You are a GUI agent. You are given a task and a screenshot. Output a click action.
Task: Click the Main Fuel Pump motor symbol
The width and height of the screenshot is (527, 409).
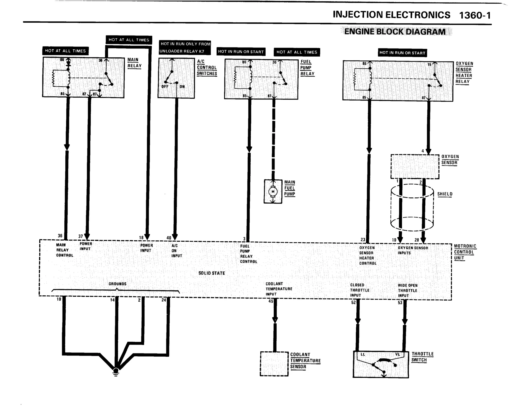click(x=273, y=192)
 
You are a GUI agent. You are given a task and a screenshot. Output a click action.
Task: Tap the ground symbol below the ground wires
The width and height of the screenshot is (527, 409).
click(x=116, y=372)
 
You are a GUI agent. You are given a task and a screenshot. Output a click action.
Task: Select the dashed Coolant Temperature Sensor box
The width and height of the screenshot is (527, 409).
click(x=274, y=364)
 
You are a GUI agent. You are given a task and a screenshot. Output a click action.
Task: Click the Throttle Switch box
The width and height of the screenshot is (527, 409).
click(x=381, y=365)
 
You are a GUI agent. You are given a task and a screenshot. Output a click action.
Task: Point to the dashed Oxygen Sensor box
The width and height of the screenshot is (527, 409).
click(x=415, y=167)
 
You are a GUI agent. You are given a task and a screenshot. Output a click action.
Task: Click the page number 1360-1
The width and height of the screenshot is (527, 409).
click(x=475, y=15)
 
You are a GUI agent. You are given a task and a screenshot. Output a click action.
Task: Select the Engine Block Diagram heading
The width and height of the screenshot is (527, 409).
click(x=395, y=32)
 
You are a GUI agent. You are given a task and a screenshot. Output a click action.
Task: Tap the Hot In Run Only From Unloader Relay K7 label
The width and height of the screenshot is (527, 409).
click(x=185, y=48)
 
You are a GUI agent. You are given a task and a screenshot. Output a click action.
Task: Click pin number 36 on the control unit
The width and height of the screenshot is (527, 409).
click(x=60, y=236)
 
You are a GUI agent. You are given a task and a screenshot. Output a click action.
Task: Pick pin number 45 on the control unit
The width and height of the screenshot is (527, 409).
click(x=271, y=301)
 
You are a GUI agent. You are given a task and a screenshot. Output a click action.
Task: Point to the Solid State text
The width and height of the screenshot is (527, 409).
click(x=212, y=273)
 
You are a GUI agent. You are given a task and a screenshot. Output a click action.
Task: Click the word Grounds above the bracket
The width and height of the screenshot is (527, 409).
click(x=117, y=284)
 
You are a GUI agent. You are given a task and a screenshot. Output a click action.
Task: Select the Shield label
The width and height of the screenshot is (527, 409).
click(x=445, y=194)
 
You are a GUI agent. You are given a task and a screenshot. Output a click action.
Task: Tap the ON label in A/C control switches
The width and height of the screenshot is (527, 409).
click(x=182, y=87)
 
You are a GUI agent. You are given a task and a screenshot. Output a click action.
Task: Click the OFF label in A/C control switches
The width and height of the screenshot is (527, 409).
click(x=165, y=87)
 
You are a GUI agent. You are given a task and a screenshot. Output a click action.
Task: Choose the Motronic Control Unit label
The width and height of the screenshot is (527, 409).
click(x=465, y=252)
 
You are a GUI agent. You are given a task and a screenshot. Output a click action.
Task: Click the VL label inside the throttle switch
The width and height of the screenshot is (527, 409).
click(x=398, y=354)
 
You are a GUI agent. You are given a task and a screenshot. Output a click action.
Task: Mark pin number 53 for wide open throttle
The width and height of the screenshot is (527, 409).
click(x=400, y=303)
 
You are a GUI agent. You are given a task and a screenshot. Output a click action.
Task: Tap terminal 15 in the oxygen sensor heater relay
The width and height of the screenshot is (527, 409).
click(x=429, y=65)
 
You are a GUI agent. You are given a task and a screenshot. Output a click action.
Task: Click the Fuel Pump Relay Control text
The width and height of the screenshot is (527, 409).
click(x=248, y=254)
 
